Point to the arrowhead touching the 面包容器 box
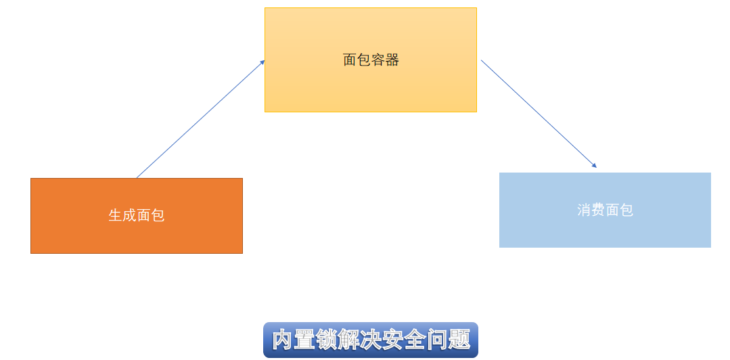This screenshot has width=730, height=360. tap(262, 62)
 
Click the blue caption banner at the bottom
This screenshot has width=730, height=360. tap(370, 340)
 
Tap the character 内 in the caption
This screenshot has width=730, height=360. tap(283, 340)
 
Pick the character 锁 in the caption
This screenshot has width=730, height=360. tap(327, 340)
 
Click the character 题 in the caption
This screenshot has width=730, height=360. tap(459, 340)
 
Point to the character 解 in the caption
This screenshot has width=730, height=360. tap(348, 340)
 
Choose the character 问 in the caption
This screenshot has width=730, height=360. tap(436, 340)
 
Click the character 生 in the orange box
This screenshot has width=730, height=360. tap(116, 215)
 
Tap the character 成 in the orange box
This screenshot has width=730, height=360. tap(130, 215)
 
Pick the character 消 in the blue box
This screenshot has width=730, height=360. tap(585, 210)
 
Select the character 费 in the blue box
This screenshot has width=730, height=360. tap(599, 210)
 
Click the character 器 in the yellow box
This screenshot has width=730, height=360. tap(392, 60)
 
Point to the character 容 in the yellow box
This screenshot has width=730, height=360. tap(378, 60)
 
